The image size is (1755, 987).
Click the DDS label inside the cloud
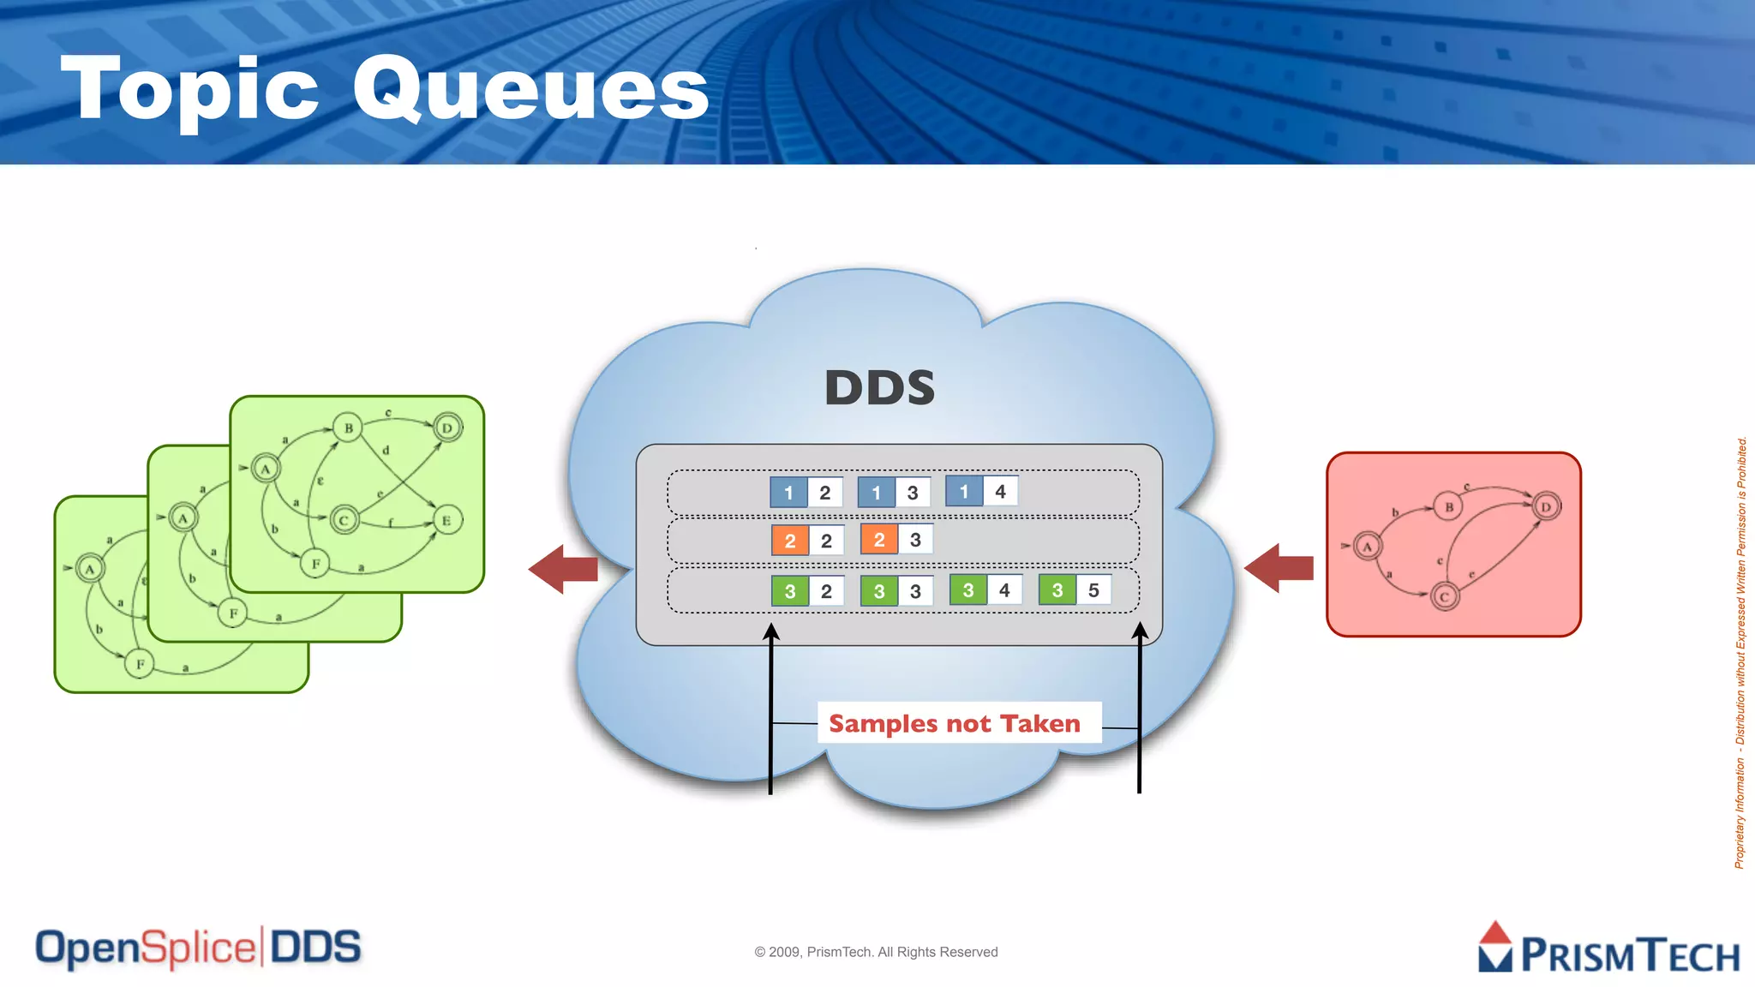click(x=879, y=387)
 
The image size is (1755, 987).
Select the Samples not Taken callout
click(x=954, y=724)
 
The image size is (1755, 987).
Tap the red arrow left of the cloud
click(x=563, y=569)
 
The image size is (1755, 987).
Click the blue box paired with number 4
click(x=963, y=492)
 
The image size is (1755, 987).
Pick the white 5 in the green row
click(x=1093, y=590)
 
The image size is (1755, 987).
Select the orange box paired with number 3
click(x=878, y=540)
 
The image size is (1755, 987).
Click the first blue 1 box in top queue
click(x=788, y=493)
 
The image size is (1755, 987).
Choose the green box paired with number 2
click(x=789, y=591)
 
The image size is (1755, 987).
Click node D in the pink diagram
click(x=1546, y=506)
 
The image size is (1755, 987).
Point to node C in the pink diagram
click(x=1445, y=597)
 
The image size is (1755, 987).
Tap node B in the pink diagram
click(x=1448, y=506)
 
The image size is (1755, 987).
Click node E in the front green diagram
click(x=446, y=520)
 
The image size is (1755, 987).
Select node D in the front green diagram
click(x=447, y=428)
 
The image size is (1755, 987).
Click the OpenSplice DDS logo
click(x=198, y=948)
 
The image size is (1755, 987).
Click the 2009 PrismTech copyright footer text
click(x=876, y=952)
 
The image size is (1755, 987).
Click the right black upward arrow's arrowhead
click(x=1140, y=631)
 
